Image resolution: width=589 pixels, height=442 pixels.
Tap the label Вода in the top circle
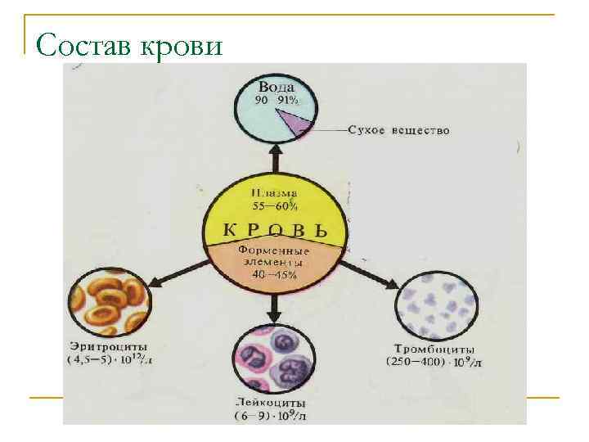277,86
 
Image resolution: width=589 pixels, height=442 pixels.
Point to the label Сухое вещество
398,130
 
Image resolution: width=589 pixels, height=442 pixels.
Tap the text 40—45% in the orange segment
275,274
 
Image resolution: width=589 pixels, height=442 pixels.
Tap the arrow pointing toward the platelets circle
368,274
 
